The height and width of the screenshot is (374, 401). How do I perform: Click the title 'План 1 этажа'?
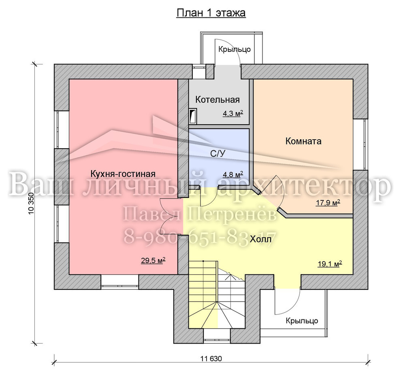pos(211,13)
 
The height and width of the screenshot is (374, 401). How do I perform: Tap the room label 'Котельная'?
pos(218,100)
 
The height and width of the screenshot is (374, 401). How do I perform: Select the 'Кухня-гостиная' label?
pos(123,174)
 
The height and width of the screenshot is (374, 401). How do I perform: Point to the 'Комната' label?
pos(303,141)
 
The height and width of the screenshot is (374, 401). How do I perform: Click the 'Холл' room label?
pos(260,240)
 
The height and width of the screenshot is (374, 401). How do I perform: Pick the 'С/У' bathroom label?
pos(218,153)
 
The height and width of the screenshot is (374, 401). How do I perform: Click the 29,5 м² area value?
pos(153,261)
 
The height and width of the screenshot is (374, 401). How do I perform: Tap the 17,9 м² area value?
pos(328,203)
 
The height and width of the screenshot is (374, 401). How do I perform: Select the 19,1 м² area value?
pos(330,264)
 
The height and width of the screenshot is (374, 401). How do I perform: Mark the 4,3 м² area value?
pos(232,113)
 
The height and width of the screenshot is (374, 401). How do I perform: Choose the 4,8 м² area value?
pos(233,175)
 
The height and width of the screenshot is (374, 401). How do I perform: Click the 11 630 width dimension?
pos(211,359)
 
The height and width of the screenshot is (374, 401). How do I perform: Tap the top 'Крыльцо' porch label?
pos(234,49)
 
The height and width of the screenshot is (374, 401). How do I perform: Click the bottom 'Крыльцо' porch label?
pos(302,321)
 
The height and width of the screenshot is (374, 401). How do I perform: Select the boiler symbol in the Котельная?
pos(193,116)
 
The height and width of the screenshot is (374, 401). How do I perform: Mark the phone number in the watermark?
pos(200,238)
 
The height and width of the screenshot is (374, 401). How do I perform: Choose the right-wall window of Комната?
pos(360,144)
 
